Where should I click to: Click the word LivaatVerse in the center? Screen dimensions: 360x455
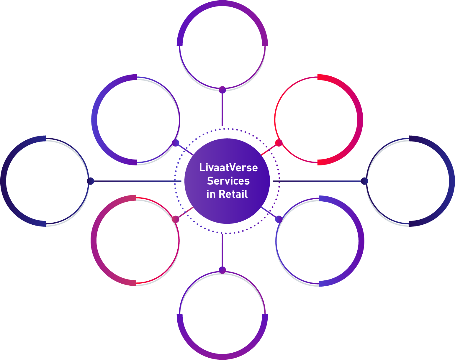click(x=228, y=167)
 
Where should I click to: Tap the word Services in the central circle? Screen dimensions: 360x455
click(x=228, y=181)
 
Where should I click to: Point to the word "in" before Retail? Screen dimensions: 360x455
click(x=211, y=194)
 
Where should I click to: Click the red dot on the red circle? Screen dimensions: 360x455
click(x=279, y=143)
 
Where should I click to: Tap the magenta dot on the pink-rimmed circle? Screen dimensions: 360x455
click(x=176, y=219)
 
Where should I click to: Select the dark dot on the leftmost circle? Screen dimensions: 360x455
click(x=90, y=181)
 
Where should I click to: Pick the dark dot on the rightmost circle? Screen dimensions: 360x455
click(x=364, y=181)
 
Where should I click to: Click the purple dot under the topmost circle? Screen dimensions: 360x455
click(x=222, y=90)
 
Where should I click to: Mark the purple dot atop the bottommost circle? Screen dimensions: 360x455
click(x=222, y=270)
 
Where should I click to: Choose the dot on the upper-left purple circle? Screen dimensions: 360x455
click(x=176, y=143)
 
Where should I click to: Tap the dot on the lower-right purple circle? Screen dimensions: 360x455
click(x=279, y=219)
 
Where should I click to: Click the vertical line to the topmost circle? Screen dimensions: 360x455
click(x=222, y=109)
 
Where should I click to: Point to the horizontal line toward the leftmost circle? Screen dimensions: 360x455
click(x=136, y=181)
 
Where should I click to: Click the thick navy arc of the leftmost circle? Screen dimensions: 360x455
click(x=4, y=181)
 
